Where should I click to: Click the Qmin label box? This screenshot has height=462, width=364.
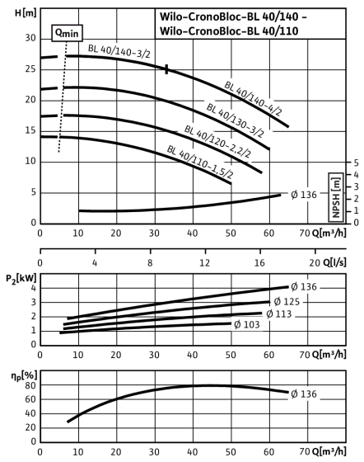coord(67,33)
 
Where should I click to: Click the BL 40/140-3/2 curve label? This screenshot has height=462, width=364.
coord(119,51)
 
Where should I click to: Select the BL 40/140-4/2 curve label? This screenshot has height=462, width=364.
coord(253,98)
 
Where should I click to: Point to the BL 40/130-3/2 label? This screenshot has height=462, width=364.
coord(235,120)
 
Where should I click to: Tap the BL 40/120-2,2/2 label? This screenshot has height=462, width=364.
coord(217,141)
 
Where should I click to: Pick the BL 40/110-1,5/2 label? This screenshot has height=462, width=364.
coord(200,162)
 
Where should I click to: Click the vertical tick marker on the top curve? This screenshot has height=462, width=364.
coord(166,69)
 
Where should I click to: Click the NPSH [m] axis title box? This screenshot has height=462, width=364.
coord(336,197)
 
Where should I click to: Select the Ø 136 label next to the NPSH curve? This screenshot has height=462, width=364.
coord(304,195)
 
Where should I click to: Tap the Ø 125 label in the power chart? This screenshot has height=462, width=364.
coord(287,302)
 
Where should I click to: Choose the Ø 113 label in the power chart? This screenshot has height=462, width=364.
coord(278,314)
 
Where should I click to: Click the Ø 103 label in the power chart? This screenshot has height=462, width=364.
coord(247,325)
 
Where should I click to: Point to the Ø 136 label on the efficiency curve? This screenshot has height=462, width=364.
coord(304,394)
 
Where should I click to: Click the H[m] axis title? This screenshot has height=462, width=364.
coord(26,13)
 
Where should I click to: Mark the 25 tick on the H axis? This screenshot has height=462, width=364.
coord(30,69)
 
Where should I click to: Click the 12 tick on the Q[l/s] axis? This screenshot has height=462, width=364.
coord(205,262)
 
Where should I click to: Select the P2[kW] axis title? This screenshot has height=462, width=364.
coord(21,279)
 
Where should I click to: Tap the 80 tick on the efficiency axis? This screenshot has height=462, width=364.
coord(30,385)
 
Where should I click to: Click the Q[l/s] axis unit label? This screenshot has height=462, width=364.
coord(334,262)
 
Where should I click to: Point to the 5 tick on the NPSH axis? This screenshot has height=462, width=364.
coord(356,163)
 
